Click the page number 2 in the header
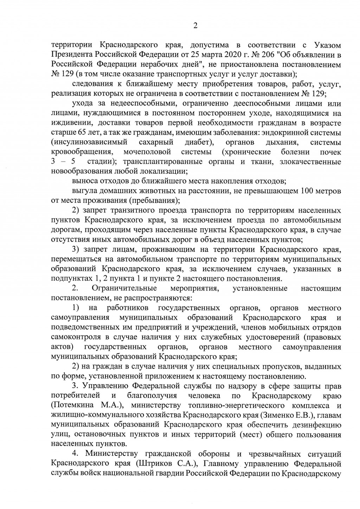point(195,25)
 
